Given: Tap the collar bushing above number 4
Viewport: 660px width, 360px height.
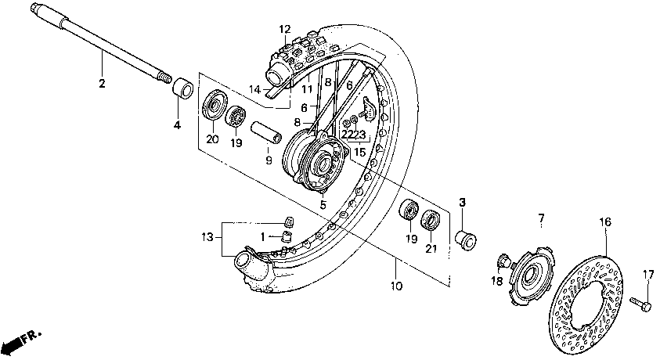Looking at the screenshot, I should [x=184, y=87].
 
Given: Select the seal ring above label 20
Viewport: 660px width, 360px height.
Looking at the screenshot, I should [x=214, y=105].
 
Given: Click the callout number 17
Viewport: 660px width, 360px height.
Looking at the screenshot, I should [x=647, y=274].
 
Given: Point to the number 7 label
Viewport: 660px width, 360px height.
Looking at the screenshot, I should [x=539, y=216].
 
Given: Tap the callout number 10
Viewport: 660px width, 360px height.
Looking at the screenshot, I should [x=396, y=286].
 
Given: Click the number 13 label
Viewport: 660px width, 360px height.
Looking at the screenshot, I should [x=206, y=236].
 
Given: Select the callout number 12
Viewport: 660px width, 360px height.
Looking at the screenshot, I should [x=283, y=30].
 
